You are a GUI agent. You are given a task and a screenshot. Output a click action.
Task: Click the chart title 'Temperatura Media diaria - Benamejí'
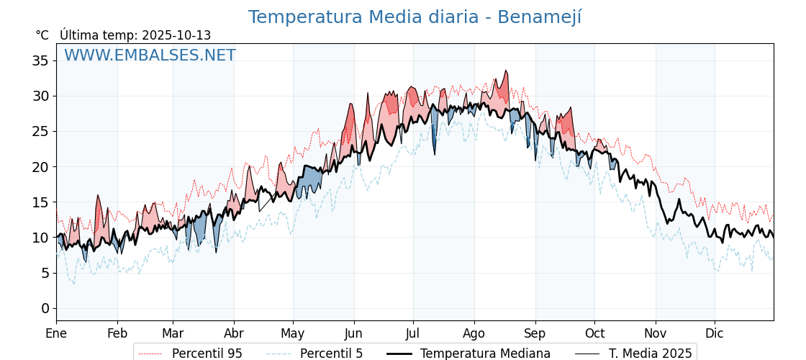415,17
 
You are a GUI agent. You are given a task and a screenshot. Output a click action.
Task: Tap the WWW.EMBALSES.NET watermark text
150,55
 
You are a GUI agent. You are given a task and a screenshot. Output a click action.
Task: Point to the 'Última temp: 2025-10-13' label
135,35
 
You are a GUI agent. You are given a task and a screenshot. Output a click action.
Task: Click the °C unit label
42,35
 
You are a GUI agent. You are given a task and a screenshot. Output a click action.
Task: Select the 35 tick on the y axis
40,60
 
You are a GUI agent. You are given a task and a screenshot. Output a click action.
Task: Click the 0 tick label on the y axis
45,308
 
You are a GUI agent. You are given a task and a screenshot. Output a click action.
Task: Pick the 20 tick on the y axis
40,166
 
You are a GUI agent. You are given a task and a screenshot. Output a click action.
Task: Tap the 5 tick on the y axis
45,273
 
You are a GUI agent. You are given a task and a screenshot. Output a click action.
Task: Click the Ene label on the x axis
56,333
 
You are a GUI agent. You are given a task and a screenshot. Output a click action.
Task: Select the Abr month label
234,333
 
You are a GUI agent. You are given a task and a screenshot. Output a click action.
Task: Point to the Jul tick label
413,333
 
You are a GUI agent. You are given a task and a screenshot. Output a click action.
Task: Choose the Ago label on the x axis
474,333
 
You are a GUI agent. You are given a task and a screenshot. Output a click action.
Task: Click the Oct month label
594,333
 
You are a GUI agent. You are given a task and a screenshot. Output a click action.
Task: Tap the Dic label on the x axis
715,333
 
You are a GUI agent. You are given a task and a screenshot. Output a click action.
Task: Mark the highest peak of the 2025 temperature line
506,71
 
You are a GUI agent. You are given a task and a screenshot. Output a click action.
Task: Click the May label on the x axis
293,333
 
